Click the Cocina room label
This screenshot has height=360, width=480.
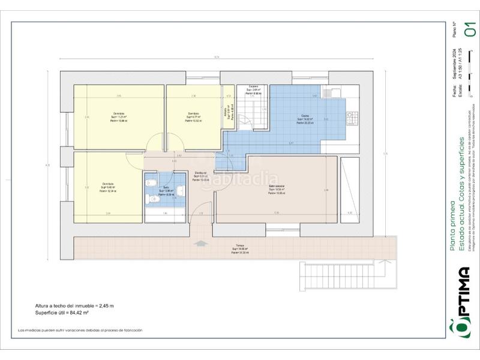[305, 116]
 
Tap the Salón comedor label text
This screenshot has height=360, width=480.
[276, 187]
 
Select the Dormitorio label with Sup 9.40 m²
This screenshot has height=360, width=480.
[108, 184]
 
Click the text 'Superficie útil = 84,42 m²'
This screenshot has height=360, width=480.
[62, 312]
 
